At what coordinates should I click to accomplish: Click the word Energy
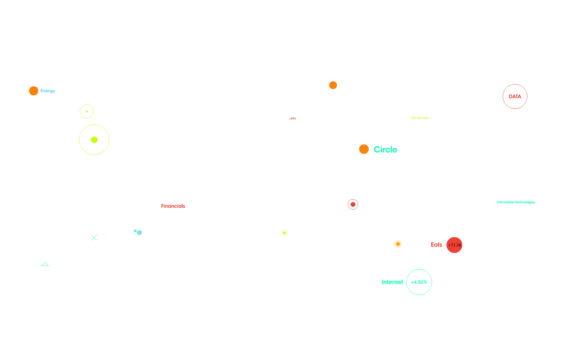[x=48, y=91]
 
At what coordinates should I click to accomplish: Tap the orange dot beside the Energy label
[x=34, y=91]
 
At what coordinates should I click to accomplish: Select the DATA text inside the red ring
[x=515, y=97]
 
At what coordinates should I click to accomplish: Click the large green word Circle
[x=385, y=150]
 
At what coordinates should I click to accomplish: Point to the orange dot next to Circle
[x=364, y=149]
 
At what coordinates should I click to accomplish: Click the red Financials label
[x=173, y=206]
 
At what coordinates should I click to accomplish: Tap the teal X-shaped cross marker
[x=94, y=238]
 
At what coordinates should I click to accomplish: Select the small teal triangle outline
[x=45, y=264]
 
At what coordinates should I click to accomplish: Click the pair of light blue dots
[x=138, y=232]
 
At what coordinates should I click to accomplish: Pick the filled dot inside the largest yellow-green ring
[x=94, y=140]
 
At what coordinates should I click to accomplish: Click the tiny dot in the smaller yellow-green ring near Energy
[x=87, y=111]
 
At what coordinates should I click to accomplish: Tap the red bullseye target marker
[x=353, y=204]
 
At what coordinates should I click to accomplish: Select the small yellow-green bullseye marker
[x=284, y=233]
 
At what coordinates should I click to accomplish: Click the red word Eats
[x=436, y=245]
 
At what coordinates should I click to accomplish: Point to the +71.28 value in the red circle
[x=454, y=245]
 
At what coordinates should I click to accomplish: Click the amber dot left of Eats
[x=398, y=244]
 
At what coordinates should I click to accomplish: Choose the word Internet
[x=392, y=282]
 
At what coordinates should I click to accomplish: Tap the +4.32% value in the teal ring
[x=419, y=282]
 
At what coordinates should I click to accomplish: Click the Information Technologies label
[x=516, y=202]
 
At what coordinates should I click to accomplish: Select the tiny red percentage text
[x=293, y=119]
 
